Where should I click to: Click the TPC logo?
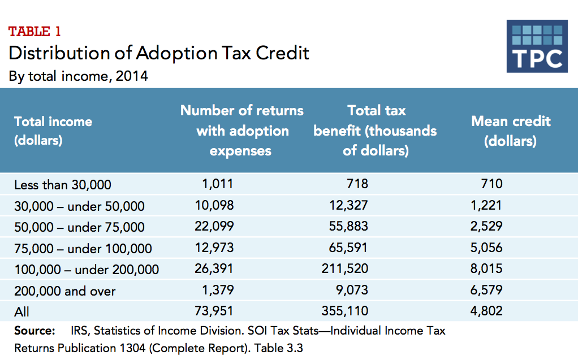point(537,46)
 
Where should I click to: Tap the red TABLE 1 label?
point(34,32)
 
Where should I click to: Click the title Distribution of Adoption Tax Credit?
point(159,53)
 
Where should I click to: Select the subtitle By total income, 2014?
point(79,76)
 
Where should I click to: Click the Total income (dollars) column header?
point(53,131)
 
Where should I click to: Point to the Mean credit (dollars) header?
point(511,131)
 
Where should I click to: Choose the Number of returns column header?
point(241,131)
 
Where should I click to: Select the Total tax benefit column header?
point(376,131)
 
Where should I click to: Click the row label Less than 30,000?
point(63,185)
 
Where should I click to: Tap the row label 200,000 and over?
point(65,291)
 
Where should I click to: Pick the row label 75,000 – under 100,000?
point(83,249)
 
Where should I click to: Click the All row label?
point(22,311)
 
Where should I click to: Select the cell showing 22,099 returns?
point(214,227)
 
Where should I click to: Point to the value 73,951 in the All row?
point(214,311)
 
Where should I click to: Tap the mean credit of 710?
point(491,184)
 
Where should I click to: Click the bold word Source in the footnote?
point(34,331)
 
